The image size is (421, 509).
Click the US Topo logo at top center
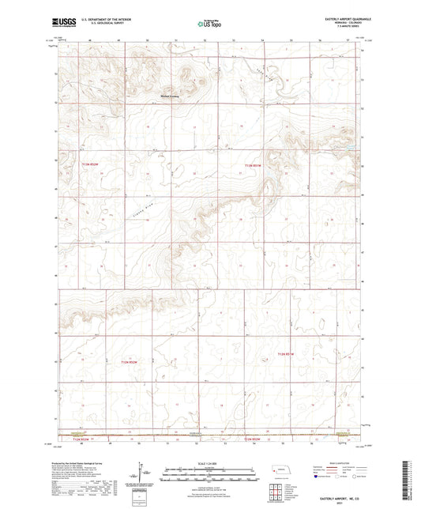coord(209,25)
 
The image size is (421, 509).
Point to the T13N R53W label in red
coord(252,164)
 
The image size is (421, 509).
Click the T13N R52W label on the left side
coord(92,164)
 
